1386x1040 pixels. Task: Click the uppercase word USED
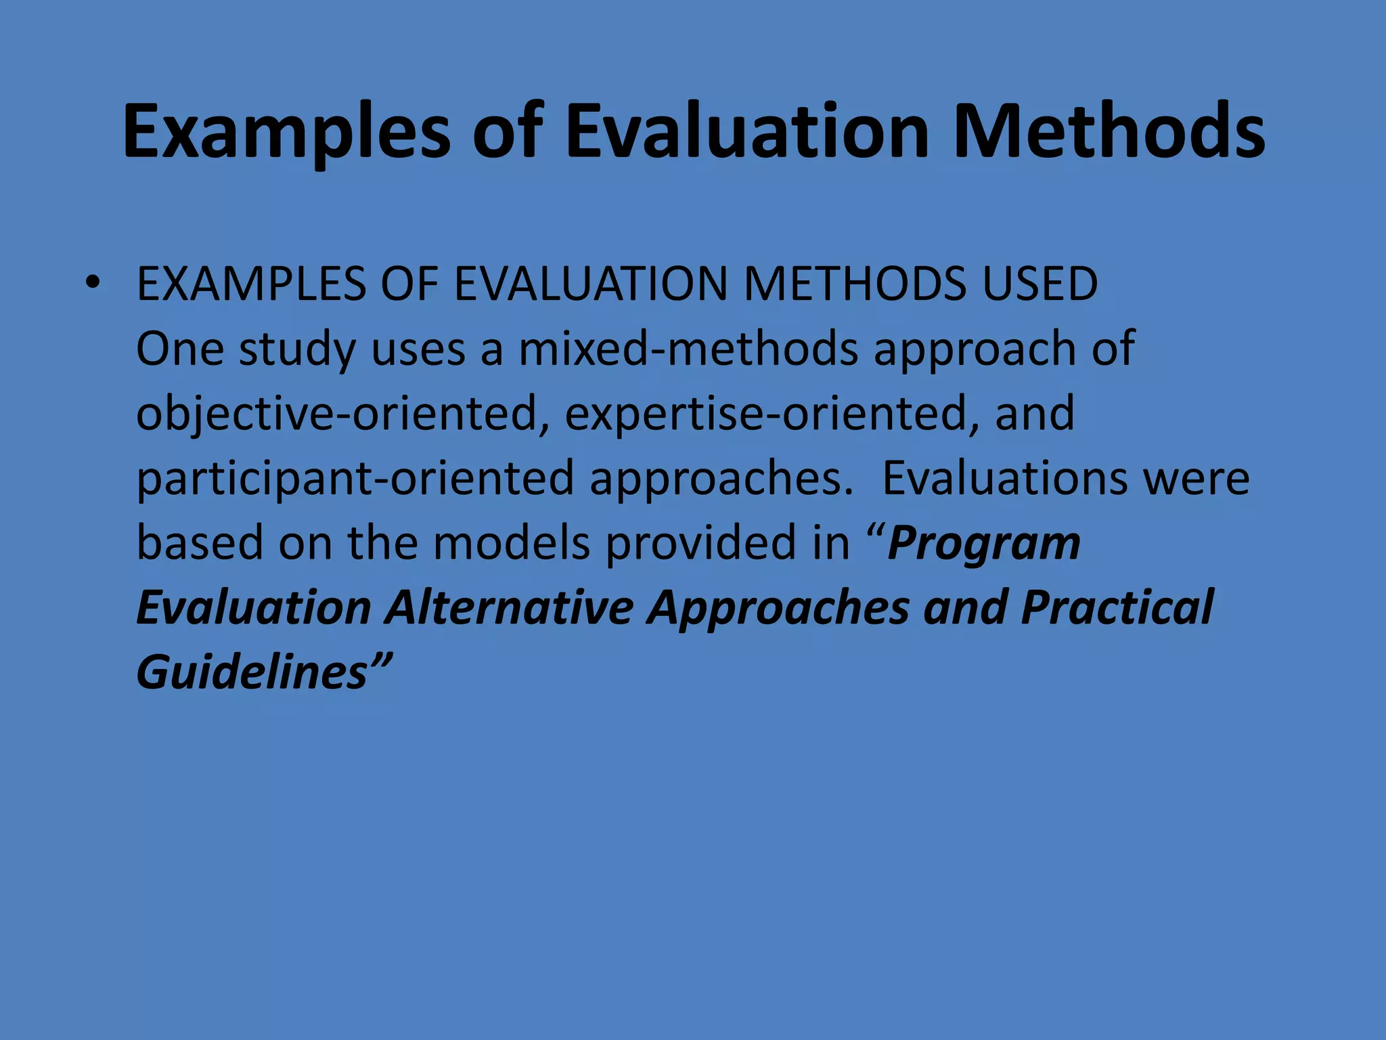(1040, 284)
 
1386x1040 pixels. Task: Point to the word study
(297, 349)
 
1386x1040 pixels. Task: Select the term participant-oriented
(356, 478)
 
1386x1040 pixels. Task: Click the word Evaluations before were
(1006, 478)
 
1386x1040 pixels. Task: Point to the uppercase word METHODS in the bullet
(855, 284)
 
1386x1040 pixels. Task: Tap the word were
(1197, 478)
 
